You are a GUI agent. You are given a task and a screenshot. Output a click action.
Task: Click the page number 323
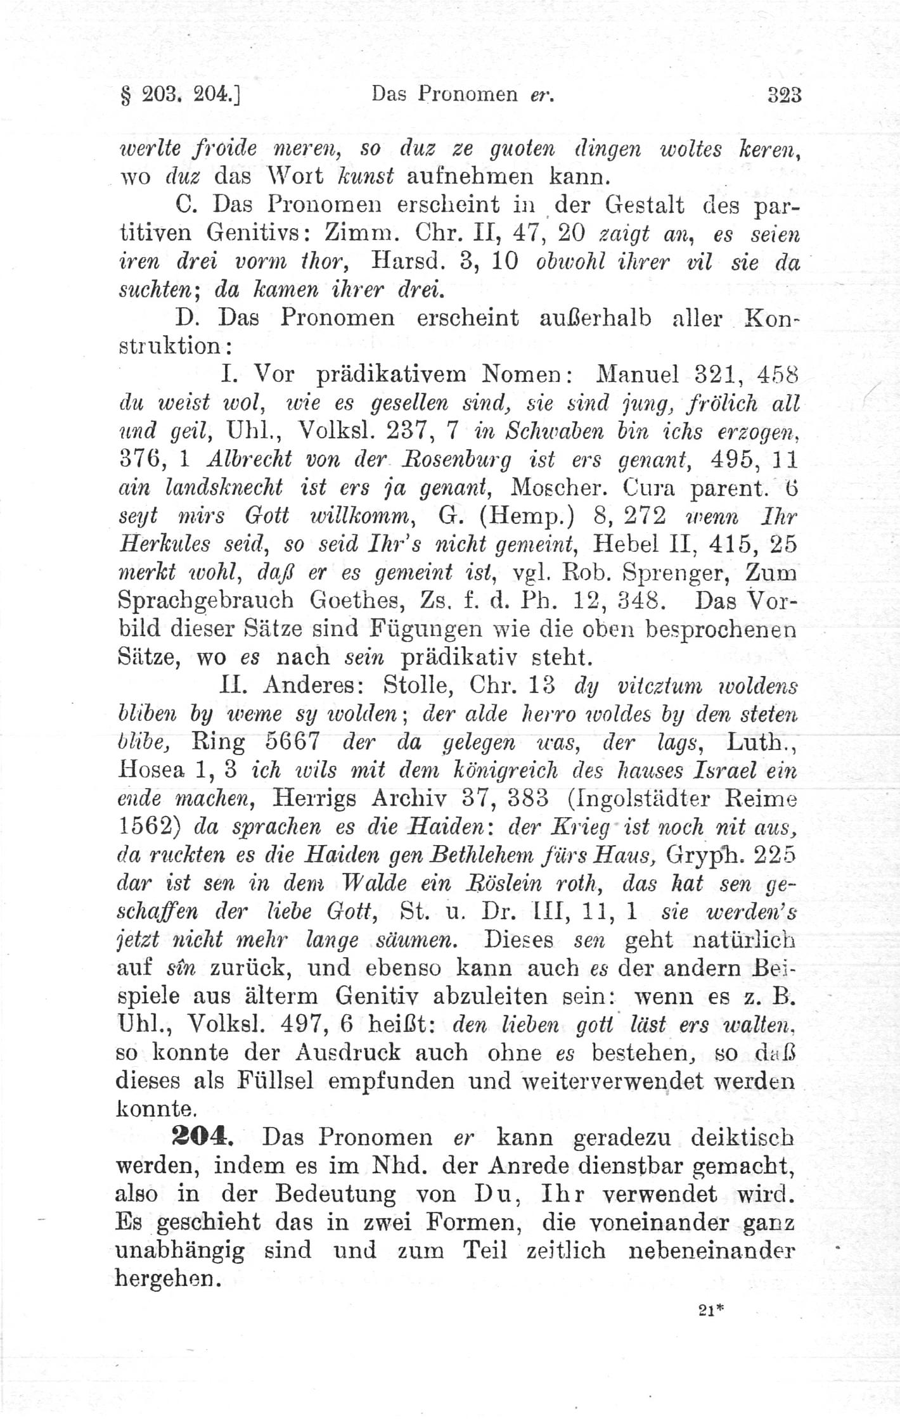point(785,95)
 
